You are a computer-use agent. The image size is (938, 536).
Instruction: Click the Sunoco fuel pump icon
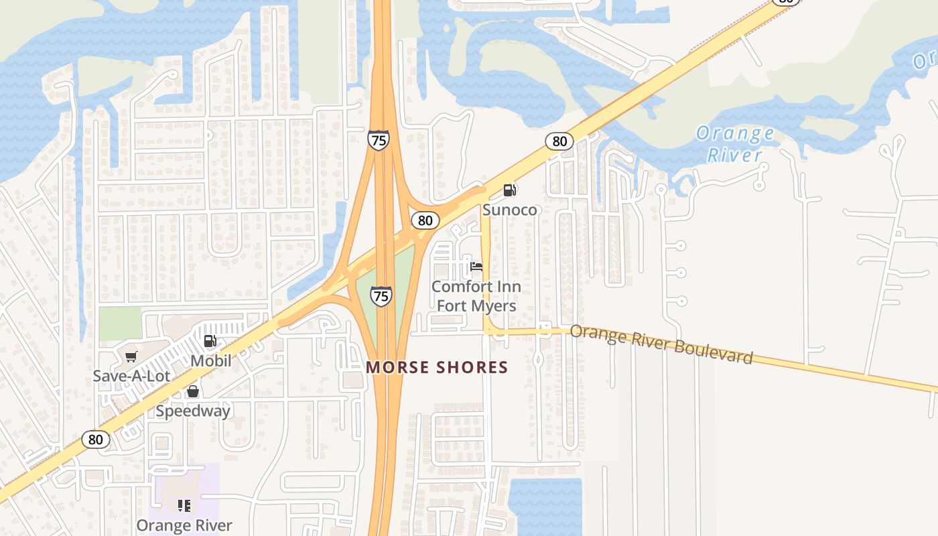click(510, 190)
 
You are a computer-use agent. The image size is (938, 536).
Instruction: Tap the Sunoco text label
click(510, 210)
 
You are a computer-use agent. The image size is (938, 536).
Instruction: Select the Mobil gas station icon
click(210, 341)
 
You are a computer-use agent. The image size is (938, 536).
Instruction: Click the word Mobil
click(210, 361)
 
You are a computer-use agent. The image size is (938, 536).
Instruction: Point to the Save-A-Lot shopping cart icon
click(131, 356)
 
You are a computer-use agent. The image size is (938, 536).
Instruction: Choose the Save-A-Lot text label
click(131, 376)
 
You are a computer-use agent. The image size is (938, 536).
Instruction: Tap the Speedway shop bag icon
click(193, 391)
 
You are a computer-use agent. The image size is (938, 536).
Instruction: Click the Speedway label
click(193, 411)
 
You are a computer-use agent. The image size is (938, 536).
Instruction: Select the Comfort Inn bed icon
click(476, 267)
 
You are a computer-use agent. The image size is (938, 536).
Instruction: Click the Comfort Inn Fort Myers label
click(476, 296)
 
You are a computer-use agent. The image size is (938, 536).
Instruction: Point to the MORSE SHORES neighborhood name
click(437, 367)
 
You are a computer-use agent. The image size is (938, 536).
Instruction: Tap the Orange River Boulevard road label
click(661, 345)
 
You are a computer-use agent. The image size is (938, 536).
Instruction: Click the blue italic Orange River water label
click(735, 144)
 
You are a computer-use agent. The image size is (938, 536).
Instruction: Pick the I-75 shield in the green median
click(381, 295)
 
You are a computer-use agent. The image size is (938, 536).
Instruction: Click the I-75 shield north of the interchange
click(378, 139)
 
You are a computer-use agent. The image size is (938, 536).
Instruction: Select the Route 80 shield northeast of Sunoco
click(559, 141)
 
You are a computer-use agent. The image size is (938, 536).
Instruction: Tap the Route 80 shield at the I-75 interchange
click(425, 220)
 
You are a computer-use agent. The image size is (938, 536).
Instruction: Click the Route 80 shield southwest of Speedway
click(96, 440)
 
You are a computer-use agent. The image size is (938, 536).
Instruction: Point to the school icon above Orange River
click(184, 505)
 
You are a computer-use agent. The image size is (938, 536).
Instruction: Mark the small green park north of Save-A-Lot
click(120, 323)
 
